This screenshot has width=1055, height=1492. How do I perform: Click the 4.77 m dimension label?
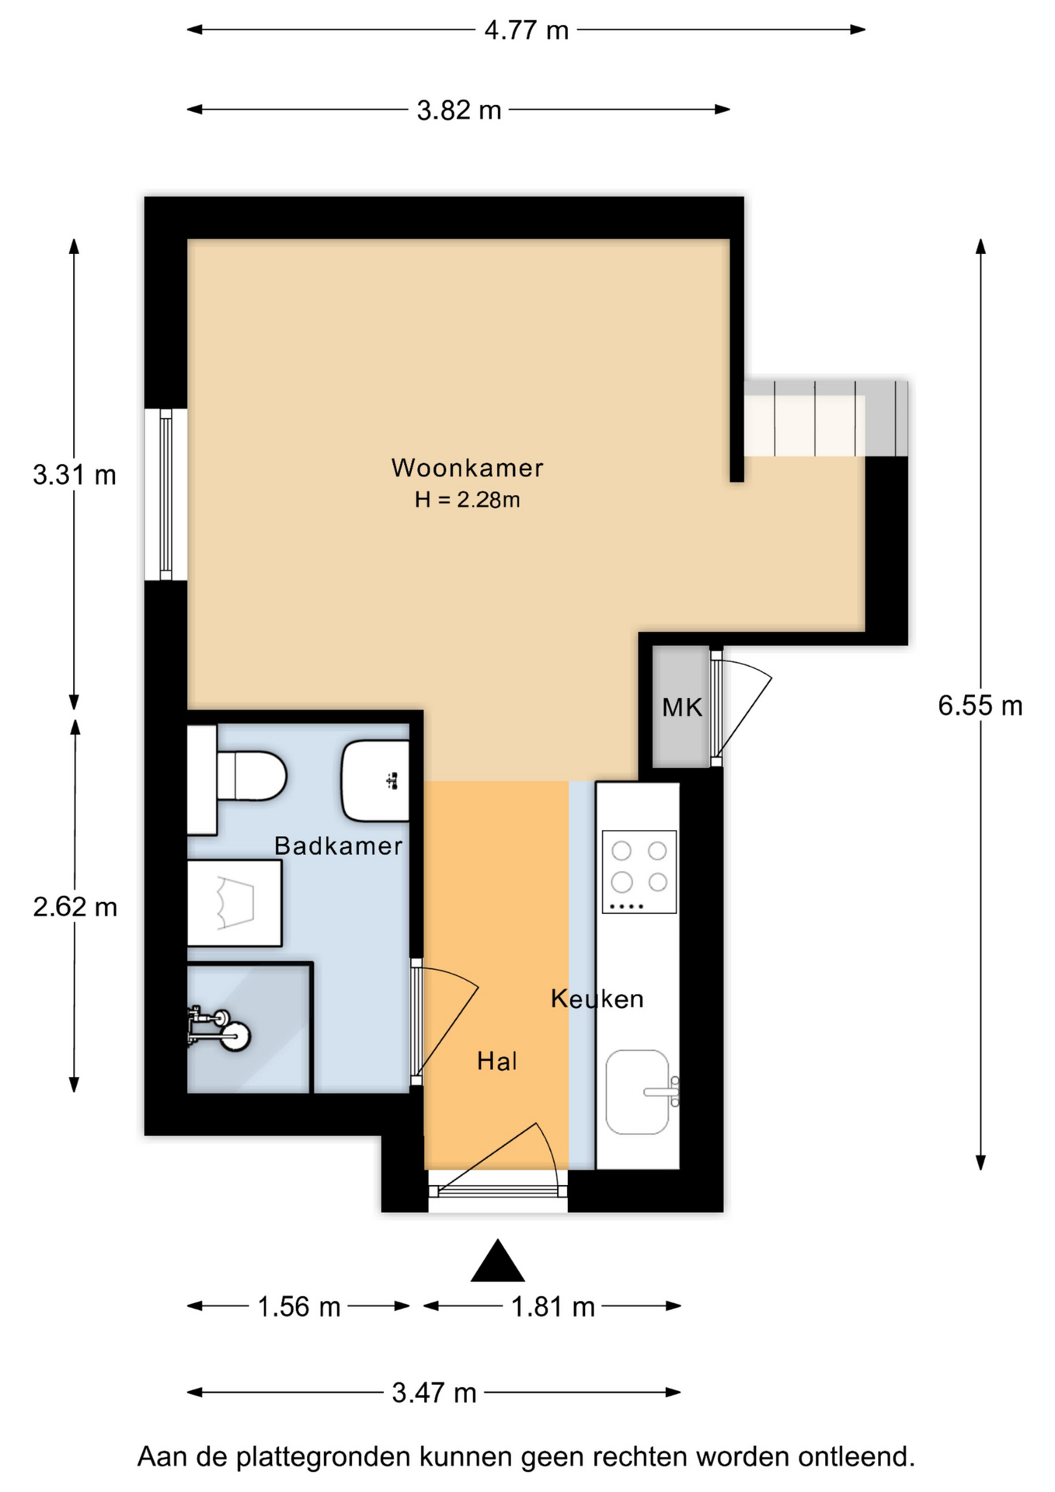(526, 30)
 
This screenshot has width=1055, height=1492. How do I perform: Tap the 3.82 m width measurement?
(459, 110)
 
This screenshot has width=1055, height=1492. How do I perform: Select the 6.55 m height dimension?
(980, 706)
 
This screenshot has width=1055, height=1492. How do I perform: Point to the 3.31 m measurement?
(75, 475)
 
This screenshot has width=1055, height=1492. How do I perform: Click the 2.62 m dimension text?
(75, 907)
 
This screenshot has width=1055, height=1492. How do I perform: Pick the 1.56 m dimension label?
(299, 1307)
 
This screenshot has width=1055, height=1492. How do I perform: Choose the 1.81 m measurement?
(552, 1307)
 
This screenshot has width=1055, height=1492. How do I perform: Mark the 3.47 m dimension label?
(434, 1393)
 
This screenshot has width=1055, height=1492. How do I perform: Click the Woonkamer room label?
(467, 468)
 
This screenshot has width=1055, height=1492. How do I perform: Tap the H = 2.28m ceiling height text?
(467, 500)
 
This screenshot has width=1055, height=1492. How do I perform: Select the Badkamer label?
(339, 845)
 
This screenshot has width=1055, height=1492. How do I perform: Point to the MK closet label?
(682, 707)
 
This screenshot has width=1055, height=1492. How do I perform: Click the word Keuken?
(597, 999)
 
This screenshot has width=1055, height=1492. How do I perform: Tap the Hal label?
(497, 1061)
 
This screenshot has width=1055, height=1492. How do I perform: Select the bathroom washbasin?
(375, 781)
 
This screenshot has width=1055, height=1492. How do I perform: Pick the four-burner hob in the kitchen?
(639, 872)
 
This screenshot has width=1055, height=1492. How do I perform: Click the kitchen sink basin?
(638, 1092)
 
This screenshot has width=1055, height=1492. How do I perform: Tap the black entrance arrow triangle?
(498, 1260)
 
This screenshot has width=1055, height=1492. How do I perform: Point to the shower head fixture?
(221, 1027)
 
